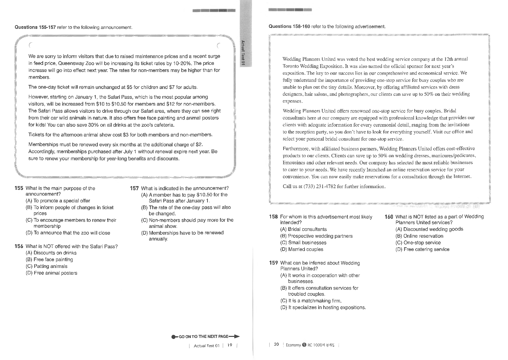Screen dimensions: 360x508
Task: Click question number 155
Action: pos(19,188)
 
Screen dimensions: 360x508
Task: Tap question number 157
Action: pos(134,188)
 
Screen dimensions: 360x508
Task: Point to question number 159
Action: pos(273,263)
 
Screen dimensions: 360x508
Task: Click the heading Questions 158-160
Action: pos(289,26)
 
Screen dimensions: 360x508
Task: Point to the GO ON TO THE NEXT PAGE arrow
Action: pos(205,337)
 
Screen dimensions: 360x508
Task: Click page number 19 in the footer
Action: pos(230,345)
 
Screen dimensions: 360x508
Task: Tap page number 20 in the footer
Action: pos(276,345)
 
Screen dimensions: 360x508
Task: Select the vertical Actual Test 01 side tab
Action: pos(243,53)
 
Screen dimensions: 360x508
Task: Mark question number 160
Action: pos(389,217)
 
